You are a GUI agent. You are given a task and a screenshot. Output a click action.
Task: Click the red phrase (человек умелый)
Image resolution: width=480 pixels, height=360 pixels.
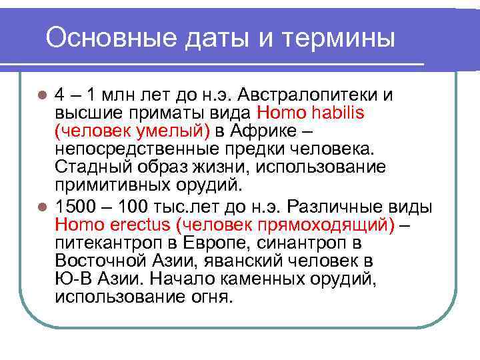[x=132, y=129]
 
